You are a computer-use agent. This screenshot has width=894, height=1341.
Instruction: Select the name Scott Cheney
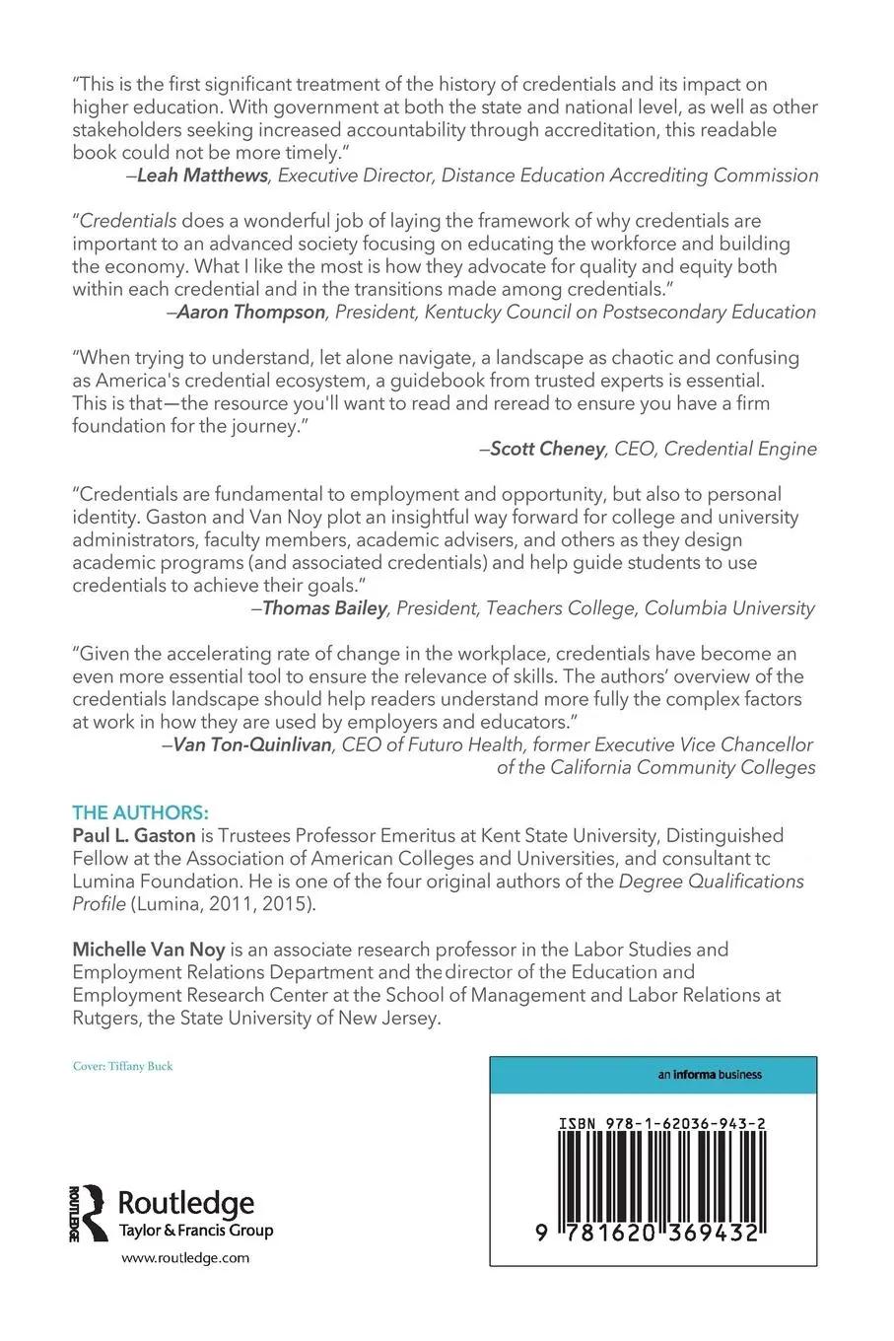547,449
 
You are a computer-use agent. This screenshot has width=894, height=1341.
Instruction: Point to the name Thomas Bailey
324,608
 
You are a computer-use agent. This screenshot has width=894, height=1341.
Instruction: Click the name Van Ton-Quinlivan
252,744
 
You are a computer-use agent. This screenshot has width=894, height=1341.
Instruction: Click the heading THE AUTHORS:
141,812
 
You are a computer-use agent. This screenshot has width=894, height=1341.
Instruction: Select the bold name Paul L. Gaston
133,836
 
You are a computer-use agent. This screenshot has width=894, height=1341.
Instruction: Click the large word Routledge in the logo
186,1204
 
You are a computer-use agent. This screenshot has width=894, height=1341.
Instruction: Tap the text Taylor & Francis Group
196,1231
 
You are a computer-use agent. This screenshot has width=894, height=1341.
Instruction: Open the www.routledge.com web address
185,1257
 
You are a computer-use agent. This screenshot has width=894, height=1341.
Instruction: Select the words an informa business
710,1075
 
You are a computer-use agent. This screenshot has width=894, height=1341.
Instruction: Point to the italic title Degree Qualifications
711,882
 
